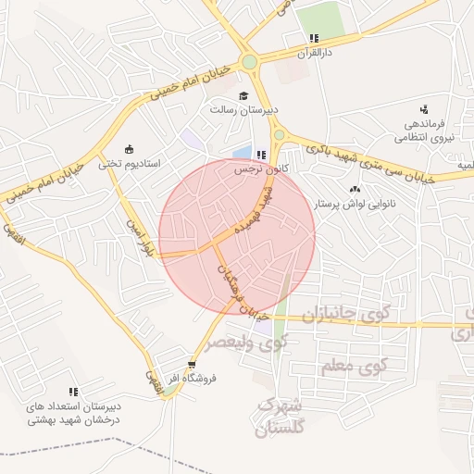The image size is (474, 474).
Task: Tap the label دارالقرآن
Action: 313,53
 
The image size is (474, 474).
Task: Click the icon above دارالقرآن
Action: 314,39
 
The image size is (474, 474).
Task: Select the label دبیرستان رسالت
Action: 243,108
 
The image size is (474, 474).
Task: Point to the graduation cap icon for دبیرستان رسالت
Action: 243,95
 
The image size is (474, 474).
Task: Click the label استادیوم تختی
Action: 130,163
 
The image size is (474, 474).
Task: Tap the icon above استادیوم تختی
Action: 129,149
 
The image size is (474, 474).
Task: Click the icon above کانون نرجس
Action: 262,155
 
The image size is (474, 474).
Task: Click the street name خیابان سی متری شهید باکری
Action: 370,158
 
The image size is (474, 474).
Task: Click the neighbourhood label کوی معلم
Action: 353,368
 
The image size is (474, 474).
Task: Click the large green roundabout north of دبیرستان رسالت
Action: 249,63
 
